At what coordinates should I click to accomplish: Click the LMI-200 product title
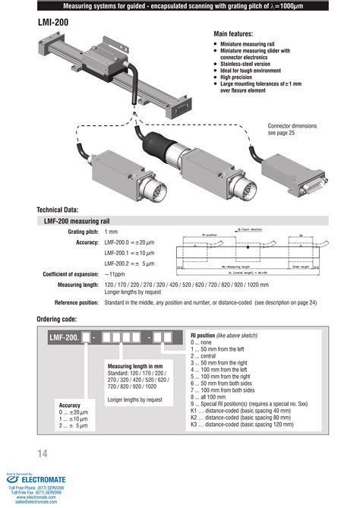[x=54, y=23]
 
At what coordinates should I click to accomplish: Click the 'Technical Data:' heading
[x=63, y=210]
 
